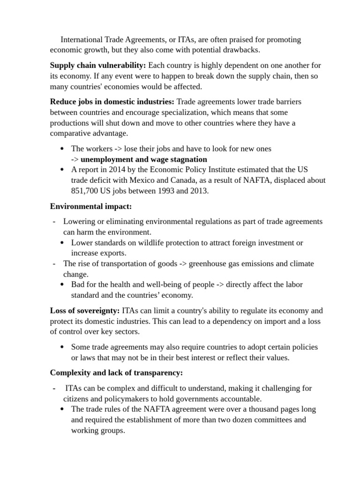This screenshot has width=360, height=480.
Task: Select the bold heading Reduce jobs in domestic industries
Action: click(112, 102)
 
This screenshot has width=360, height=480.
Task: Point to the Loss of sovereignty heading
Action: click(85, 311)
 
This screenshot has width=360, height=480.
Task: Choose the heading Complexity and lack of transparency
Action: click(116, 373)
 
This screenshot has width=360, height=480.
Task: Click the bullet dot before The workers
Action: click(63, 149)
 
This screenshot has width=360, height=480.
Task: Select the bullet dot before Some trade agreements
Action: click(63, 347)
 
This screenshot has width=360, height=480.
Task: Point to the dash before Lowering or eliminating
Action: click(55, 222)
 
